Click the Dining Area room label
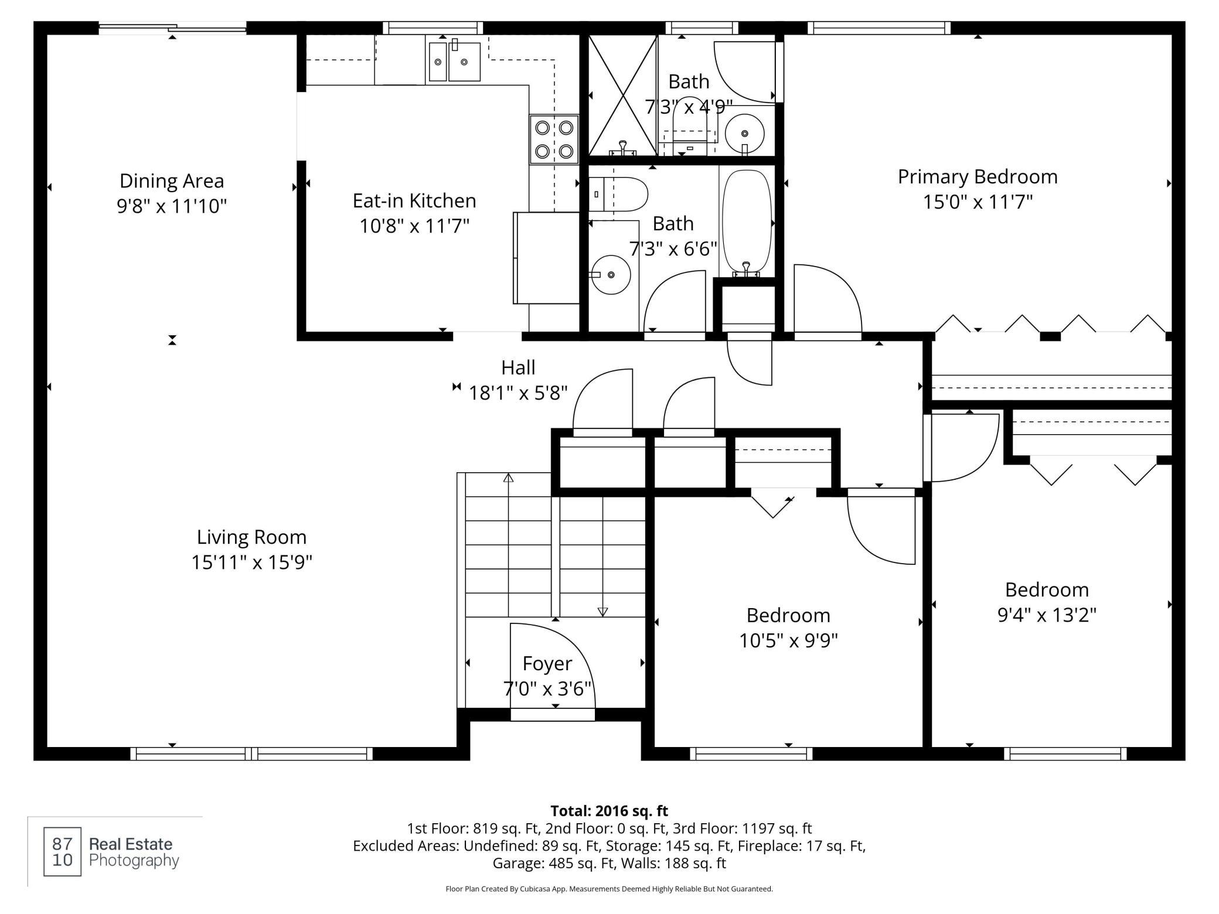click(x=172, y=181)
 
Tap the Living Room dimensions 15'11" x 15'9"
click(x=252, y=562)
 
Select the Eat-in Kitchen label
click(x=414, y=201)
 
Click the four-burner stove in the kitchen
click(x=554, y=139)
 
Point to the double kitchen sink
click(x=455, y=61)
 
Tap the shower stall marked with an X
click(x=622, y=96)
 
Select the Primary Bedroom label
click(x=978, y=177)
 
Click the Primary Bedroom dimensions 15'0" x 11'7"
click(x=978, y=202)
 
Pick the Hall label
click(x=518, y=368)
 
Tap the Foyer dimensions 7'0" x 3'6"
click(x=547, y=689)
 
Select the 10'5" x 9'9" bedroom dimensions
click(x=788, y=641)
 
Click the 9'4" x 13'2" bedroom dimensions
click(x=1047, y=615)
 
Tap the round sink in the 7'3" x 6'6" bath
click(x=611, y=274)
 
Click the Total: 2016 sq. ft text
click(x=609, y=811)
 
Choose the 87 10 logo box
click(x=63, y=851)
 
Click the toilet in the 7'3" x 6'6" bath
click(x=618, y=195)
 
